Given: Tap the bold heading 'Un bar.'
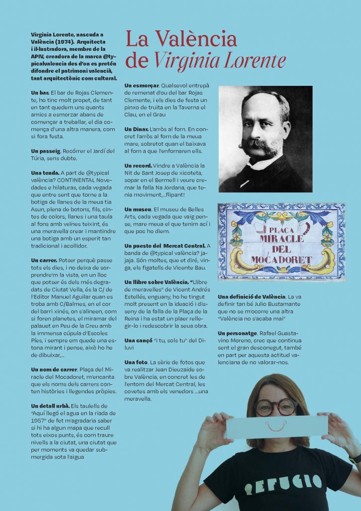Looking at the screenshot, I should [x=40, y=93].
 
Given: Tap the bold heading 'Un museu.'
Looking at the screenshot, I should [x=139, y=209].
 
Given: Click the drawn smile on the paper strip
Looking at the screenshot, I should [x=276, y=426].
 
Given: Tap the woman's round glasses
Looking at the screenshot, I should [x=275, y=407].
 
